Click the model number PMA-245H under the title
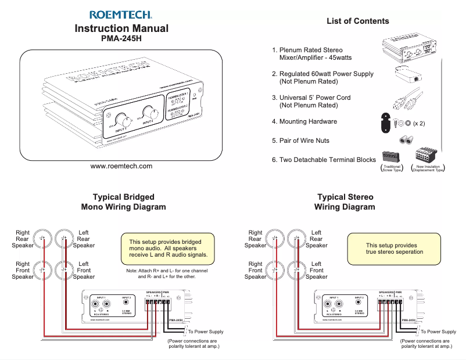pyautogui.click(x=121, y=39)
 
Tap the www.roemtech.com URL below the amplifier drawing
pyautogui.click(x=121, y=166)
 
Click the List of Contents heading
pyautogui.click(x=357, y=21)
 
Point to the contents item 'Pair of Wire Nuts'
pyautogui.click(x=304, y=141)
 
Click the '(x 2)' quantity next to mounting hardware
pyautogui.click(x=419, y=124)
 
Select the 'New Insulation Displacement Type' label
pyautogui.click(x=428, y=168)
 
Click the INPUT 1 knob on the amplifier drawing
pyautogui.click(x=124, y=121)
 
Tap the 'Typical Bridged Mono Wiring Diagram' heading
pyautogui.click(x=123, y=202)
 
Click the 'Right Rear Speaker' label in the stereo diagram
pyautogui.click(x=255, y=239)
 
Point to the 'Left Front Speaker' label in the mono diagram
pyautogui.click(x=84, y=270)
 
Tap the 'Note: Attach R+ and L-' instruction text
pyautogui.click(x=167, y=273)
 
